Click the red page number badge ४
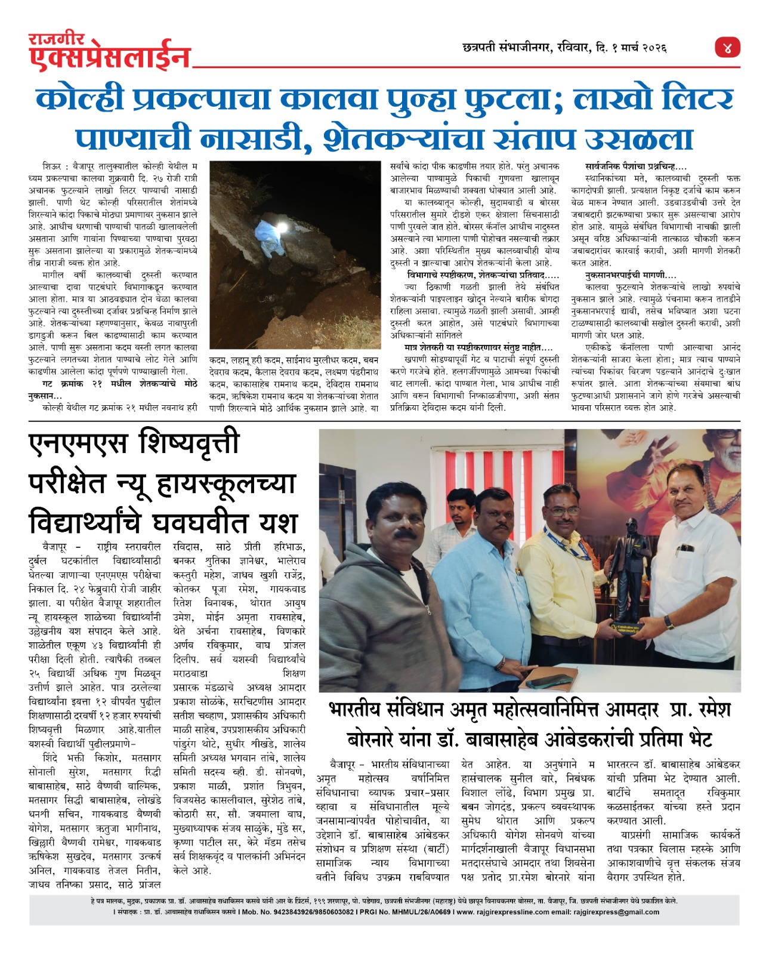727,48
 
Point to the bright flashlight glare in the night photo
279,229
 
